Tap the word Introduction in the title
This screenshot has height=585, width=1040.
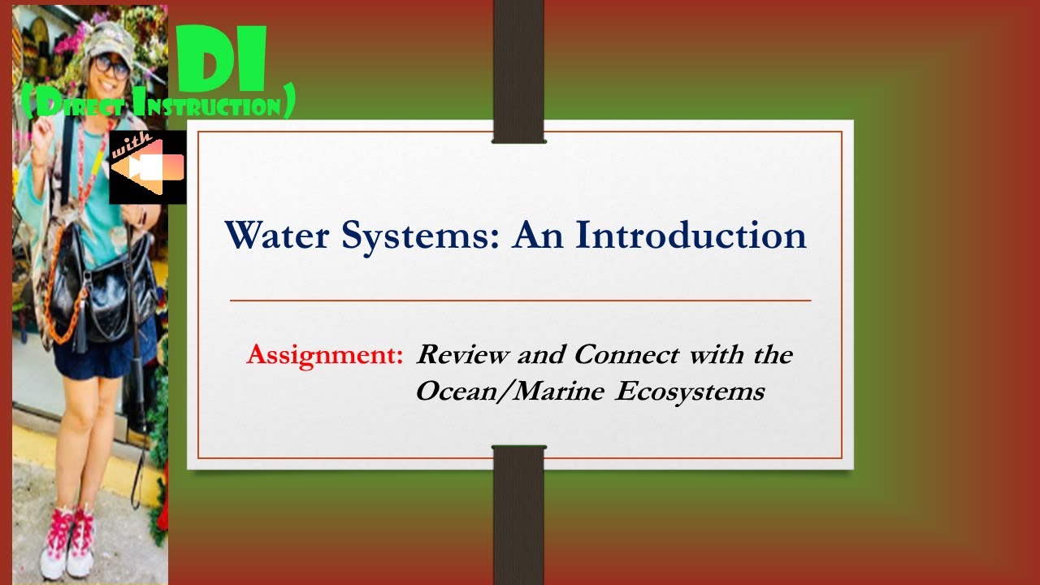[x=691, y=236]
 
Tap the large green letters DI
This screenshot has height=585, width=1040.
[x=222, y=61]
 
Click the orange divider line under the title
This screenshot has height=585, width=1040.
[x=520, y=301]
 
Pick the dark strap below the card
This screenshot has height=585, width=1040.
[x=519, y=512]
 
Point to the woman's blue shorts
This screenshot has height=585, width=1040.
[x=89, y=357]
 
